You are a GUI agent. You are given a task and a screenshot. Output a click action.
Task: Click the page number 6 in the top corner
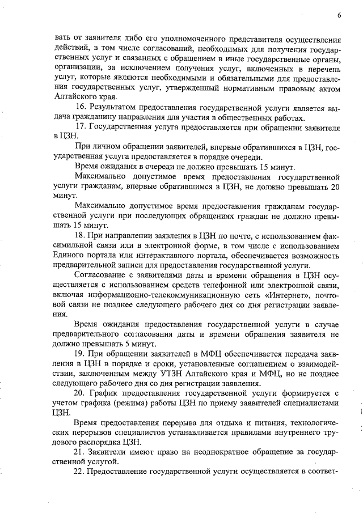(x=338, y=16)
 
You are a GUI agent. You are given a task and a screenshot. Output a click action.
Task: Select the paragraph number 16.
(x=81, y=108)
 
